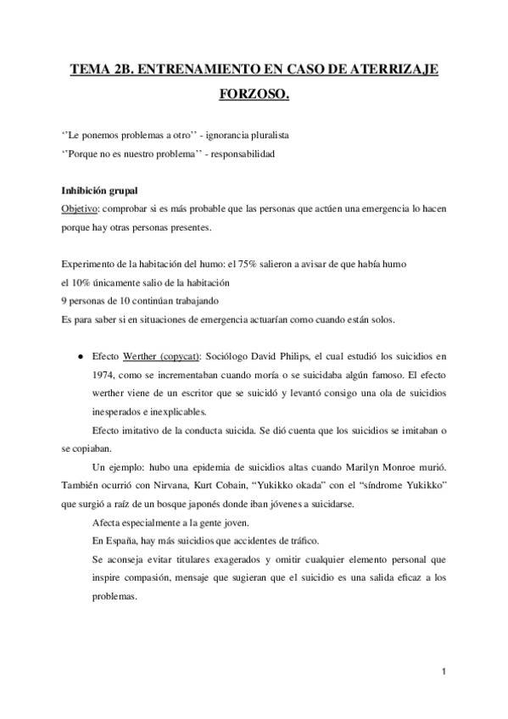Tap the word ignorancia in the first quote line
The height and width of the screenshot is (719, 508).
coord(214,136)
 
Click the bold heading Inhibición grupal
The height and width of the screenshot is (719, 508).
coord(99,191)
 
